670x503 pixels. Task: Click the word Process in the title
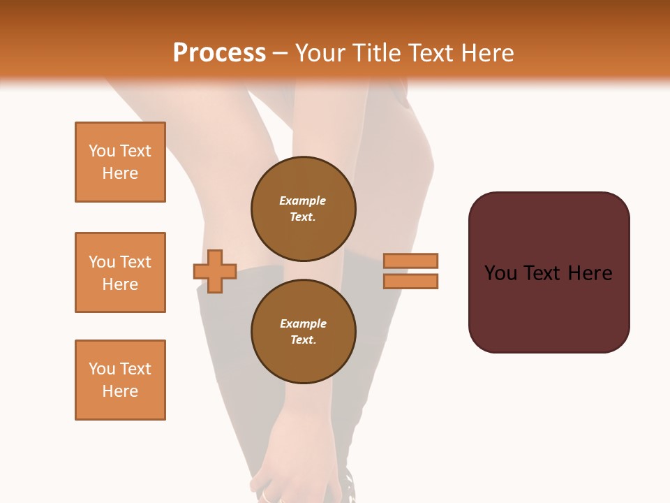219,53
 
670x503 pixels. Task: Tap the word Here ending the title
486,53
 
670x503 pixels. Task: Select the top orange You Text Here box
120,162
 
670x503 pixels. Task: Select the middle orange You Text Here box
120,272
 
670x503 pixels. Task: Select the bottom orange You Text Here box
120,380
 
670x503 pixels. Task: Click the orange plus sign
215,271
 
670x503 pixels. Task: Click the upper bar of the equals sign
410,261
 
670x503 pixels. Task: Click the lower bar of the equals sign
410,281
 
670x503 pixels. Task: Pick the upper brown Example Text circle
303,209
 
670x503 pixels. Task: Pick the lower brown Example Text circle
303,331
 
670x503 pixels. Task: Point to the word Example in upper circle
302,201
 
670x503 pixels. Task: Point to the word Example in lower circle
303,323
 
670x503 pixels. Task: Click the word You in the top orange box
101,151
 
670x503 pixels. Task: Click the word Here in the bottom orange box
120,391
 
